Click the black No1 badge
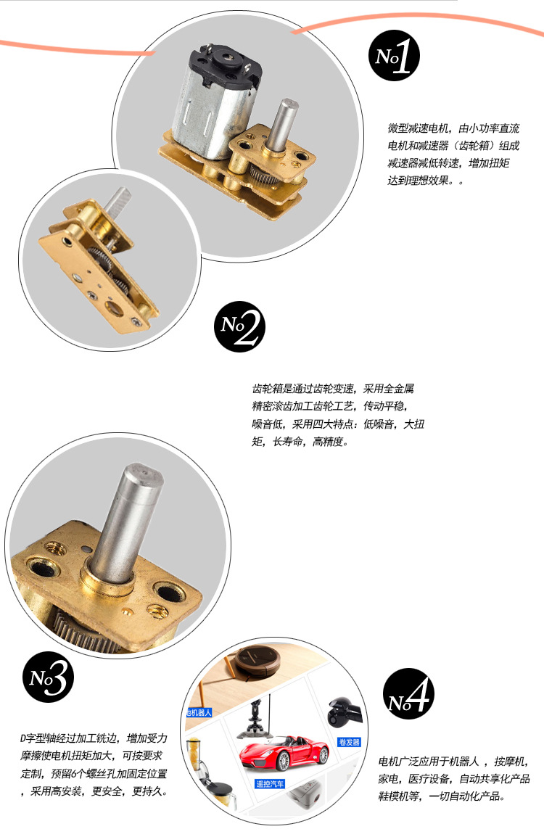pos(394,56)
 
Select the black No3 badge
pos(48,677)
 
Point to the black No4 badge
pos(409,693)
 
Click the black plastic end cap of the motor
pos(226,65)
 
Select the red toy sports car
pos(284,754)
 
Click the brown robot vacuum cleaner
pos(258,662)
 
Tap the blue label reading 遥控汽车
pos(270,784)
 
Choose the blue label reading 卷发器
pos(350,742)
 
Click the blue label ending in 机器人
pos(199,712)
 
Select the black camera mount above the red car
pos(255,719)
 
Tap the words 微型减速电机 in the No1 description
pos(418,128)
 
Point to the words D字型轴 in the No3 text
pos(36,738)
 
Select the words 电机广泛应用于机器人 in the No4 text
pos(429,761)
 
